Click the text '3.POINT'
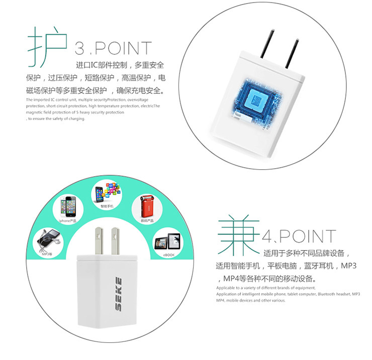coord(113,49)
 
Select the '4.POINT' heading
coord(300,236)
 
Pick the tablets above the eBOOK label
coord(167,241)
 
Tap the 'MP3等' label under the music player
coord(47,254)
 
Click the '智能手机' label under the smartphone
coord(107,206)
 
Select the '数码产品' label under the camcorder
coord(147,220)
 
